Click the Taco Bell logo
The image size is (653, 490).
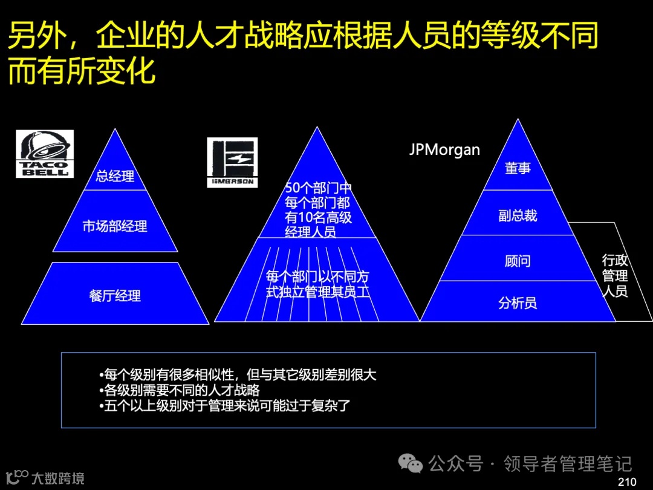point(44,154)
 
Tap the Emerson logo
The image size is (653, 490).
point(232,162)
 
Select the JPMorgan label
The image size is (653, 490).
point(444,149)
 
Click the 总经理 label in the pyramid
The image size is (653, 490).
point(115,177)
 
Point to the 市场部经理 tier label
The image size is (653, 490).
point(115,226)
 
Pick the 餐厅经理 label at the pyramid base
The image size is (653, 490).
point(115,296)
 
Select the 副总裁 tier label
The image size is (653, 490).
point(518,216)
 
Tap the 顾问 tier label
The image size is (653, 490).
point(518,261)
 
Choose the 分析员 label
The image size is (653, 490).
point(518,302)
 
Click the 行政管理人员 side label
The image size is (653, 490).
point(615,276)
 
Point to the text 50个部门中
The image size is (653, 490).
point(318,188)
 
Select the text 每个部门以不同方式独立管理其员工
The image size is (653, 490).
point(318,284)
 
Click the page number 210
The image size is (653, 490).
point(628,482)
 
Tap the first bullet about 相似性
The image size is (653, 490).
point(238,375)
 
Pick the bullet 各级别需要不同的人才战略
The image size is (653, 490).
point(180,390)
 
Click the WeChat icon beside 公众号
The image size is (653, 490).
point(414,464)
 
